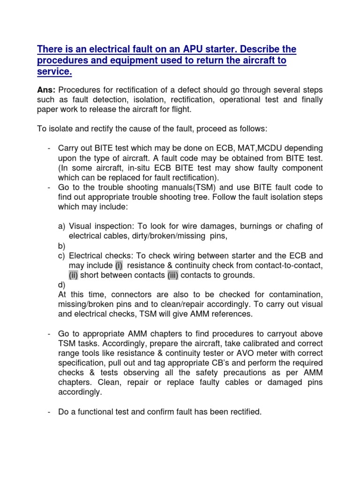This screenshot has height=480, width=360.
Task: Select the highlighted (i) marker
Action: point(119,266)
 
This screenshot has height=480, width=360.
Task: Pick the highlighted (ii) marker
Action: point(74,276)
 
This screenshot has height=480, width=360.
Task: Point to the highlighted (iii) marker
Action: point(173,276)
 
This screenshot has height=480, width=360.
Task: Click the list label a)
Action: point(62,226)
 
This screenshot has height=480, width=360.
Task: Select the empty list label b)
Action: point(62,246)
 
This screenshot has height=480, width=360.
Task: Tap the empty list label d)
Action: point(62,285)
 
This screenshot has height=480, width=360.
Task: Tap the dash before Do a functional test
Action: point(50,412)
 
